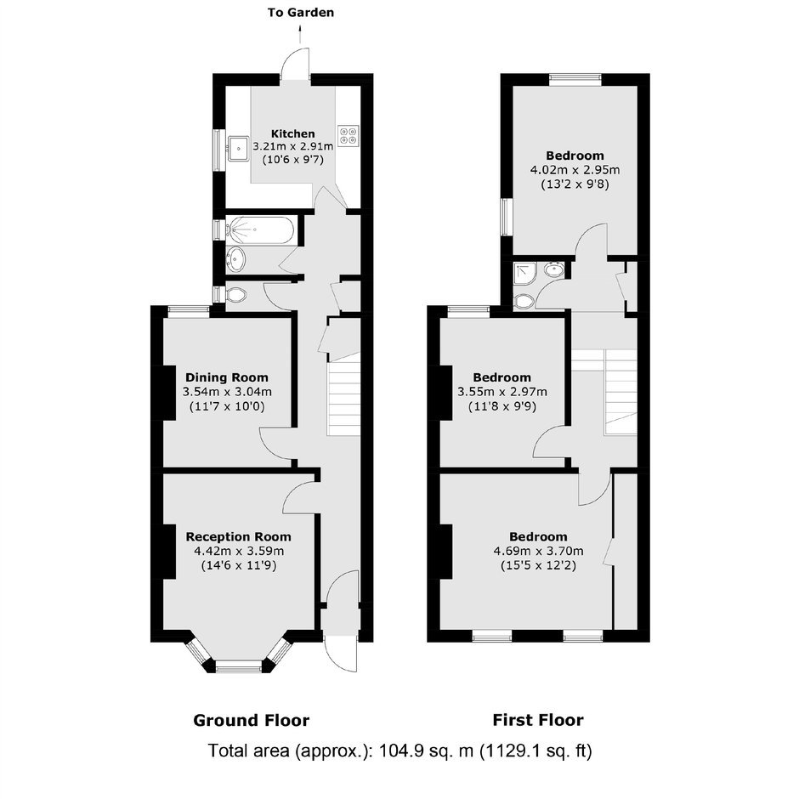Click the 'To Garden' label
[301, 13]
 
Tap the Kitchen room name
[293, 133]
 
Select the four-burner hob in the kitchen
[348, 135]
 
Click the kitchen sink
[238, 149]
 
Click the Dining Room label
[227, 377]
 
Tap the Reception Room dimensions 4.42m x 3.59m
[239, 551]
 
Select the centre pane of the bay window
[239, 666]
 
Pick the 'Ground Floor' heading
[252, 721]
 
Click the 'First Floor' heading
[538, 720]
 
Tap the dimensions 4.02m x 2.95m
[575, 170]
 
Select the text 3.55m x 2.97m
[502, 392]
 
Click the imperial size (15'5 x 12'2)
[539, 565]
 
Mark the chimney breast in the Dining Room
[168, 393]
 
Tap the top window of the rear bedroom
[575, 79]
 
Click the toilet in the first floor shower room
[524, 301]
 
